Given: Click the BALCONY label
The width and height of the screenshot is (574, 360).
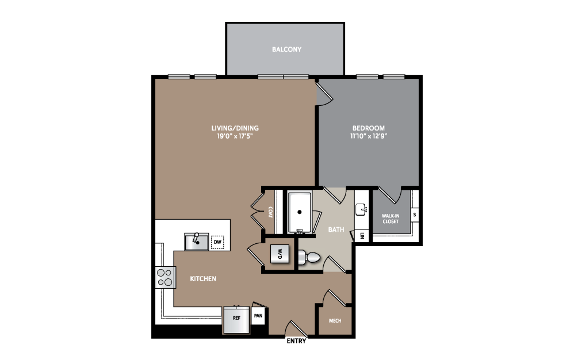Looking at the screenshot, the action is click(x=286, y=49).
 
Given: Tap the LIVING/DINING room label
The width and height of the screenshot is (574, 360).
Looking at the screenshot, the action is click(x=235, y=128).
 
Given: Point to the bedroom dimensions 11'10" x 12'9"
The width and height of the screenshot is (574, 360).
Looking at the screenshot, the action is click(x=369, y=136).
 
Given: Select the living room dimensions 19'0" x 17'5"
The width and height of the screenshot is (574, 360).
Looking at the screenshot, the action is click(x=235, y=136).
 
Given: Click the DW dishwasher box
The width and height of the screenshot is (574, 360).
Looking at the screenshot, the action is click(x=217, y=242).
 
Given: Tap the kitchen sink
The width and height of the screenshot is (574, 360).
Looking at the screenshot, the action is click(x=197, y=242).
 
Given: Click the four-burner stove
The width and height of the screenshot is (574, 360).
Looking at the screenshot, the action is click(x=165, y=277).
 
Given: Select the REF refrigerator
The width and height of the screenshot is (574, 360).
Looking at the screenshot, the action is click(x=236, y=319).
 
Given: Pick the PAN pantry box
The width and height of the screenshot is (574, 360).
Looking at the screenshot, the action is click(x=258, y=315).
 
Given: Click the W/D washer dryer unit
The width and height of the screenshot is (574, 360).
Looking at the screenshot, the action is click(x=280, y=254).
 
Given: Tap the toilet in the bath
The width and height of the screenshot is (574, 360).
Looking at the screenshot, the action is click(x=309, y=257).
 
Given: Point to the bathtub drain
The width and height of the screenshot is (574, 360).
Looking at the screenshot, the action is click(x=300, y=212).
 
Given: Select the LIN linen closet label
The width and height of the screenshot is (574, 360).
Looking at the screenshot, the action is click(x=362, y=236).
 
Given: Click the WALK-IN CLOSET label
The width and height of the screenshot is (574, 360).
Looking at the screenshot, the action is click(x=391, y=219).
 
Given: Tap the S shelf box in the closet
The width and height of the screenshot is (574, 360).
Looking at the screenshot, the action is click(x=414, y=215).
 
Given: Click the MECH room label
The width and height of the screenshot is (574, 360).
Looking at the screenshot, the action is click(x=335, y=321).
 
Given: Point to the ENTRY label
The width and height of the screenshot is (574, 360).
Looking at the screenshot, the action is click(x=296, y=341).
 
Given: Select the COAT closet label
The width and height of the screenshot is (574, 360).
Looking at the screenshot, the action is click(x=270, y=212).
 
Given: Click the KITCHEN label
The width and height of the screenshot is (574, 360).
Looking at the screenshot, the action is click(x=203, y=279).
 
